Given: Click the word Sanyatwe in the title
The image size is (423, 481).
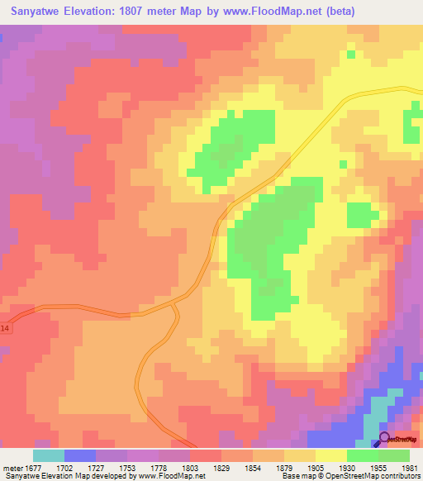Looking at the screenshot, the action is [39, 12].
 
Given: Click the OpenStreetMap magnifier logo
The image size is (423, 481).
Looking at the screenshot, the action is [385, 439].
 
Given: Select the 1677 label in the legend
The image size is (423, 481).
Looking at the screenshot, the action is [31, 467].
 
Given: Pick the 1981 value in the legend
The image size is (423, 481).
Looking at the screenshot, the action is [408, 467].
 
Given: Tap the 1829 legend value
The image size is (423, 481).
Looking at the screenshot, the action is [220, 467].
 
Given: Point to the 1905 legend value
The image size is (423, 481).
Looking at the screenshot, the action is [314, 467].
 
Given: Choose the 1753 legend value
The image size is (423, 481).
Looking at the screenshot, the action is [126, 467].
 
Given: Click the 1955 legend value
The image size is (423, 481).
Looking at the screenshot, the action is [377, 467].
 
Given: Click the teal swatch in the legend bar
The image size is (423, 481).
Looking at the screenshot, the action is [48, 455].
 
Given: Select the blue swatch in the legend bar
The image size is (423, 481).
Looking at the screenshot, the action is [79, 455].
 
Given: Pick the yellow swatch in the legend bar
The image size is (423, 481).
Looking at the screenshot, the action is [330, 455].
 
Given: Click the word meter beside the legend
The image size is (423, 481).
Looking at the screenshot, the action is [11, 467].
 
